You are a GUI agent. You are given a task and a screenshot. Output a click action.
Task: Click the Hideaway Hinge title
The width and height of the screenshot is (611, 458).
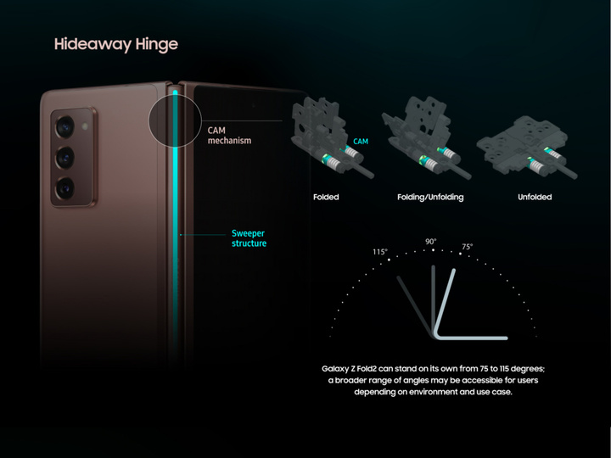click(116, 44)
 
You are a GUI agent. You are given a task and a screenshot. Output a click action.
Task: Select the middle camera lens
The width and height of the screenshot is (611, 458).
click(66, 157)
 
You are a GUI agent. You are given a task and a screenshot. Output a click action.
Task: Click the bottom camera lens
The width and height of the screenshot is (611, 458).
click(66, 187)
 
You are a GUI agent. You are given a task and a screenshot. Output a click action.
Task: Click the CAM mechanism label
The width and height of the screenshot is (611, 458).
click(229, 136)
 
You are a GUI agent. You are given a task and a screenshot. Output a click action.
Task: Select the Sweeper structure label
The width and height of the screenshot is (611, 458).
click(249, 238)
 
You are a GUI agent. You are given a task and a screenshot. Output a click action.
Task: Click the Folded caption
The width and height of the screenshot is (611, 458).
click(325, 198)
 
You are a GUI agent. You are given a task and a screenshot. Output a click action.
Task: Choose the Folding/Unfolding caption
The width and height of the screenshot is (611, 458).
click(430, 198)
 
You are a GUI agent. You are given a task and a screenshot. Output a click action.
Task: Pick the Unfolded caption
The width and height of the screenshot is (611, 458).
click(534, 198)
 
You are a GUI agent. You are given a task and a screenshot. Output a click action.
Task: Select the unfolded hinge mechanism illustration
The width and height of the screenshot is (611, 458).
click(530, 153)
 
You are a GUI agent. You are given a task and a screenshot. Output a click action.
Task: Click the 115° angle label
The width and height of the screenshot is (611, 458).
click(379, 252)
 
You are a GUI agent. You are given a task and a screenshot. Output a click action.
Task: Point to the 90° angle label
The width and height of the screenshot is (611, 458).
click(431, 242)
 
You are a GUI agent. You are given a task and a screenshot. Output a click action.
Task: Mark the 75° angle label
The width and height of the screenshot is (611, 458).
click(467, 247)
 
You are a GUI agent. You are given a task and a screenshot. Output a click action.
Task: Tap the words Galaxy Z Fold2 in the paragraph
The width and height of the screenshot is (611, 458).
click(351, 369)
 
